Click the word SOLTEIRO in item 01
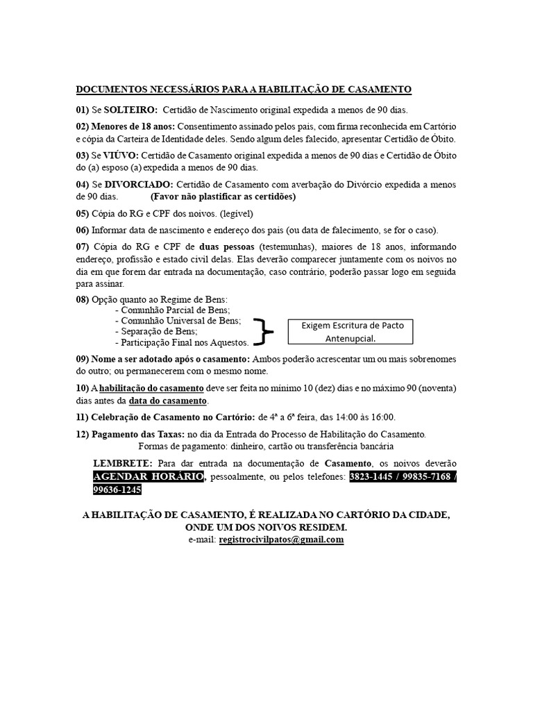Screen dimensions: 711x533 (x=130, y=110)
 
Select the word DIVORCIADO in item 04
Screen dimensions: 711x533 (x=139, y=185)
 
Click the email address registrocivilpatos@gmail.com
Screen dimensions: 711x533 (x=281, y=539)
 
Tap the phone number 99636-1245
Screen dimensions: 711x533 (x=117, y=490)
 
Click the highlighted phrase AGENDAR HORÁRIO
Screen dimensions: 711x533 (x=149, y=477)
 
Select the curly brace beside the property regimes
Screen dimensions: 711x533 (x=263, y=331)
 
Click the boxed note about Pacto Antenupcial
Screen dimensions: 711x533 (x=350, y=331)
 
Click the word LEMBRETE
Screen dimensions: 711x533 (x=122, y=463)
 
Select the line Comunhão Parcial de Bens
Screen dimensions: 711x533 (x=174, y=310)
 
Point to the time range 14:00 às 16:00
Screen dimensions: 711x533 (x=361, y=417)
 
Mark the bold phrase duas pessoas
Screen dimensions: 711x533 (x=227, y=246)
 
